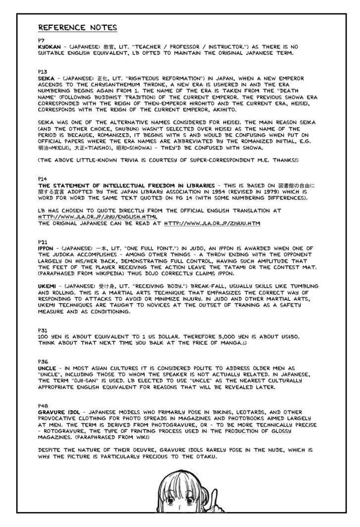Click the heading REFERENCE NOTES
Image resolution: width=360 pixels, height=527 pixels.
point(78,27)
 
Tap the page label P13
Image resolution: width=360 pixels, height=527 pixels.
point(43,72)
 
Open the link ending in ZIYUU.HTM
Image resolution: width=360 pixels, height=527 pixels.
point(212,224)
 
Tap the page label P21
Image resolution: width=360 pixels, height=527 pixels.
point(43,241)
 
